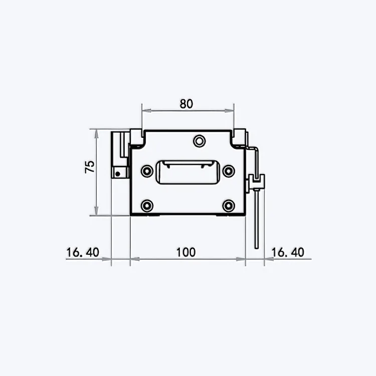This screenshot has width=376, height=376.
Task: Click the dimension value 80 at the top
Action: point(186,104)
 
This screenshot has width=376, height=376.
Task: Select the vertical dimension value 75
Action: point(90,167)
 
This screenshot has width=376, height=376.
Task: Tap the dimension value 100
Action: point(185,252)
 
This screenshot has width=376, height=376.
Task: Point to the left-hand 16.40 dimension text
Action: point(82,252)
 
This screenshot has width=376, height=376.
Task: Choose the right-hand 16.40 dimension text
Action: point(287,252)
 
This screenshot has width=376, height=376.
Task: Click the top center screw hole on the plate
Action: point(200,140)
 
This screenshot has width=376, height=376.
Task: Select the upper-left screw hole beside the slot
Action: point(147,171)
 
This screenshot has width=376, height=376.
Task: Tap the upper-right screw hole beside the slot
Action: point(229,171)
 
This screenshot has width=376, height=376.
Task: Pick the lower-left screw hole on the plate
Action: point(147,205)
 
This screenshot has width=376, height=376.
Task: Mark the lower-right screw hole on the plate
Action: point(229,205)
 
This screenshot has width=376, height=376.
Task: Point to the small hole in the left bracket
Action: point(117,174)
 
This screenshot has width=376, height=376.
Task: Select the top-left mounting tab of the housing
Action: point(137,135)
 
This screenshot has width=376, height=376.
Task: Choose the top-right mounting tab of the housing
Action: point(240,135)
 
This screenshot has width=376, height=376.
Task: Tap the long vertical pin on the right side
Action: point(257,221)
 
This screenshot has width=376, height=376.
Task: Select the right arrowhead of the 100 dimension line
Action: point(242,259)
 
